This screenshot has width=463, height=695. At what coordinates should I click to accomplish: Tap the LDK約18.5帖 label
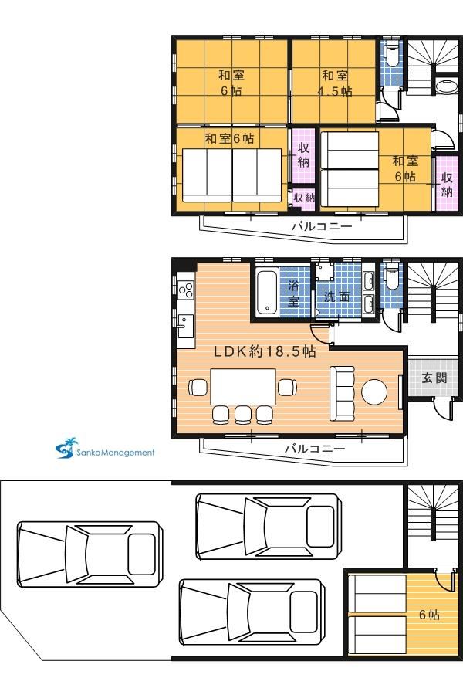(x=265, y=351)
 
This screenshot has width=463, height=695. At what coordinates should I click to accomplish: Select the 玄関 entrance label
(x=434, y=378)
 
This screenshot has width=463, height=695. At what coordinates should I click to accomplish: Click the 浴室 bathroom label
(x=293, y=293)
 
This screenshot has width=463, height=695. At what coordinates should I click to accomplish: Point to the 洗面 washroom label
(x=336, y=297)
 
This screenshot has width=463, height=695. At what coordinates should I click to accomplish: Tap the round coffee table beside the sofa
(x=374, y=392)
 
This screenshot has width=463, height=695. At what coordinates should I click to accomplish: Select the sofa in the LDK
(x=342, y=394)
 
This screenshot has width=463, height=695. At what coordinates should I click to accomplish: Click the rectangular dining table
(x=243, y=387)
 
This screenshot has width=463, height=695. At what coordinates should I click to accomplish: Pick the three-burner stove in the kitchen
(x=186, y=290)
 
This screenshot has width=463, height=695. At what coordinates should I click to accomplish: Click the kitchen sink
(x=185, y=326)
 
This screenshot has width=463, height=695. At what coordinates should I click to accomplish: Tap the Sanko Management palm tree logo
(x=67, y=448)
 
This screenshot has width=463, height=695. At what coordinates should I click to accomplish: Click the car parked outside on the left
(x=89, y=554)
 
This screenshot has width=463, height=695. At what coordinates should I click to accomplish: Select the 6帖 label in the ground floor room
(x=429, y=615)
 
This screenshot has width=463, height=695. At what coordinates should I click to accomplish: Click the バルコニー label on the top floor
(x=322, y=226)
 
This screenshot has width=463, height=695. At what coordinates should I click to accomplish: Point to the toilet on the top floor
(x=391, y=53)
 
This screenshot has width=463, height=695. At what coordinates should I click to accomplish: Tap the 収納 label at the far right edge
(x=447, y=185)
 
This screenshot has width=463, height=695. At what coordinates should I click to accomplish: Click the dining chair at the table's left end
(x=198, y=387)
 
